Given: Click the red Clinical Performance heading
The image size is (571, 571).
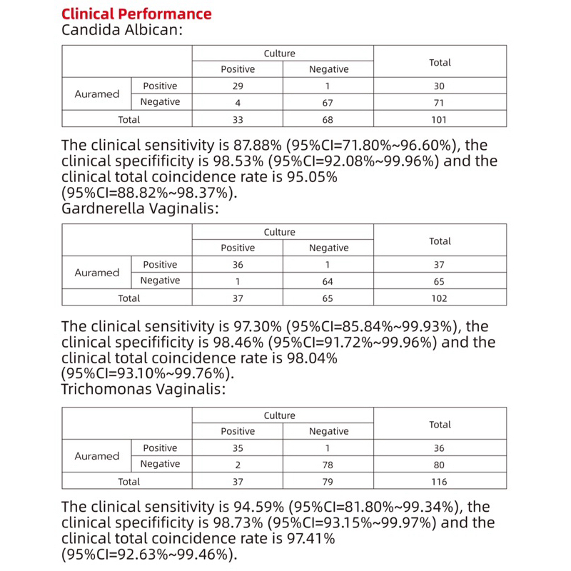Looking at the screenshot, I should coord(136,14).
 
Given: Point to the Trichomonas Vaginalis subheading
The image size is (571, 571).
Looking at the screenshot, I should coord(143,390).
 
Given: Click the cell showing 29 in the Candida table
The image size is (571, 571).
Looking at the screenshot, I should coord(238,86).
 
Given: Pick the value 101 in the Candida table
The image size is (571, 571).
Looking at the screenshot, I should coord(440,120).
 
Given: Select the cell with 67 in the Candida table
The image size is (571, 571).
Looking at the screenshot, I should coord(328,103).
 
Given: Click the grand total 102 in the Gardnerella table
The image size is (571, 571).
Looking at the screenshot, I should coord(440,298).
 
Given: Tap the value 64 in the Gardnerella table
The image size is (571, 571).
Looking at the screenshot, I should coord(328,281).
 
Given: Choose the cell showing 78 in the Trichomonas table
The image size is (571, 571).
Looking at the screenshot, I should coord(328,465).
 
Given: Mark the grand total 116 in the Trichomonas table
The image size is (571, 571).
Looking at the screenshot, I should coord(440,482).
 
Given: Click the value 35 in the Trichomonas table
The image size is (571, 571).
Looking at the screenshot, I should coord(238,448).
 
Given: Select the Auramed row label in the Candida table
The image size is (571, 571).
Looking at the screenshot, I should coord(97,94).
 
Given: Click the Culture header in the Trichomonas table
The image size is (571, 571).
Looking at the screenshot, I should coord(279,415).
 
